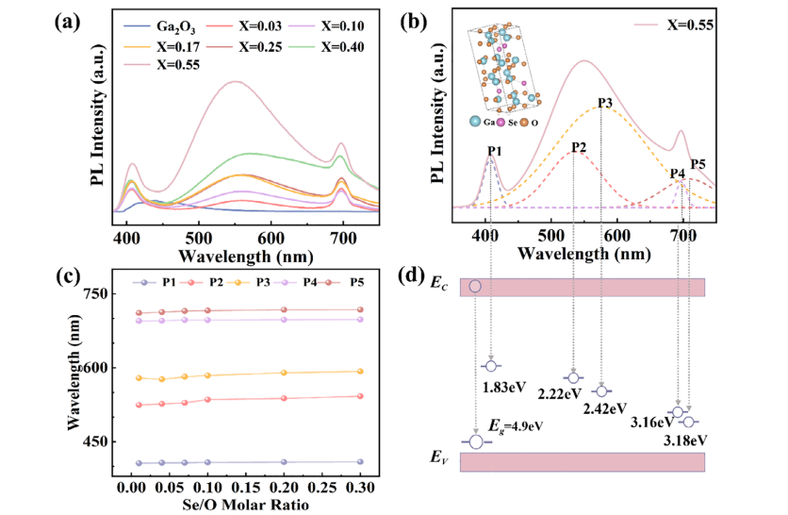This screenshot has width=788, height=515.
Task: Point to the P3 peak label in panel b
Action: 605,102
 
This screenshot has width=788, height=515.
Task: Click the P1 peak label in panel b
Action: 494,150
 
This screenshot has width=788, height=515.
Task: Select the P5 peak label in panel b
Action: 698,165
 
